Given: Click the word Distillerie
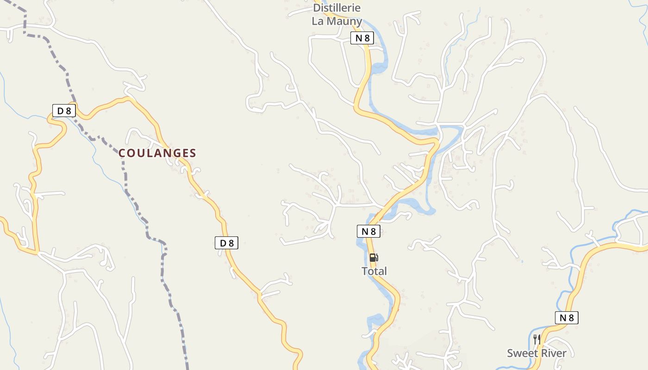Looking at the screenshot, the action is pos(336,8).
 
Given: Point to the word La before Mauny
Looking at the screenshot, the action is pos(318,21).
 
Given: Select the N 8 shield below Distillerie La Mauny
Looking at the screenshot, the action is pos(362,38).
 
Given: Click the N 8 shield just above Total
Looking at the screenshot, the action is pos(368,231).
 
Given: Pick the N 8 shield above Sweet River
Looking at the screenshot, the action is pos(567,318).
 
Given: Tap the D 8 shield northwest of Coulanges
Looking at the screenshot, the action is pos(64,111).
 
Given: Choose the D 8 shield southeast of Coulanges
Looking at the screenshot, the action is pos(226,243).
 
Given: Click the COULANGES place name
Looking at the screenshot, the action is pos(157,153).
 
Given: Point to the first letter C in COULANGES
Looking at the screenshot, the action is pos(123,153).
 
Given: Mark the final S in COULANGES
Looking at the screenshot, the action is pos(193,153).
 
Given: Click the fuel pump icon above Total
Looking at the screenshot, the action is pos(374,258).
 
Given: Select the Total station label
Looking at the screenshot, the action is pos(374,271).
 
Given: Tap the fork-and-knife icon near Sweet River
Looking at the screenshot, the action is pos(537,339).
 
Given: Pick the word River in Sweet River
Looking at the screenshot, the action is pos(554,353).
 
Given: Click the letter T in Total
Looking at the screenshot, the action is pos(364,271).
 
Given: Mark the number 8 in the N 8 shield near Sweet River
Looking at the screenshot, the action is pos(571,318).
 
